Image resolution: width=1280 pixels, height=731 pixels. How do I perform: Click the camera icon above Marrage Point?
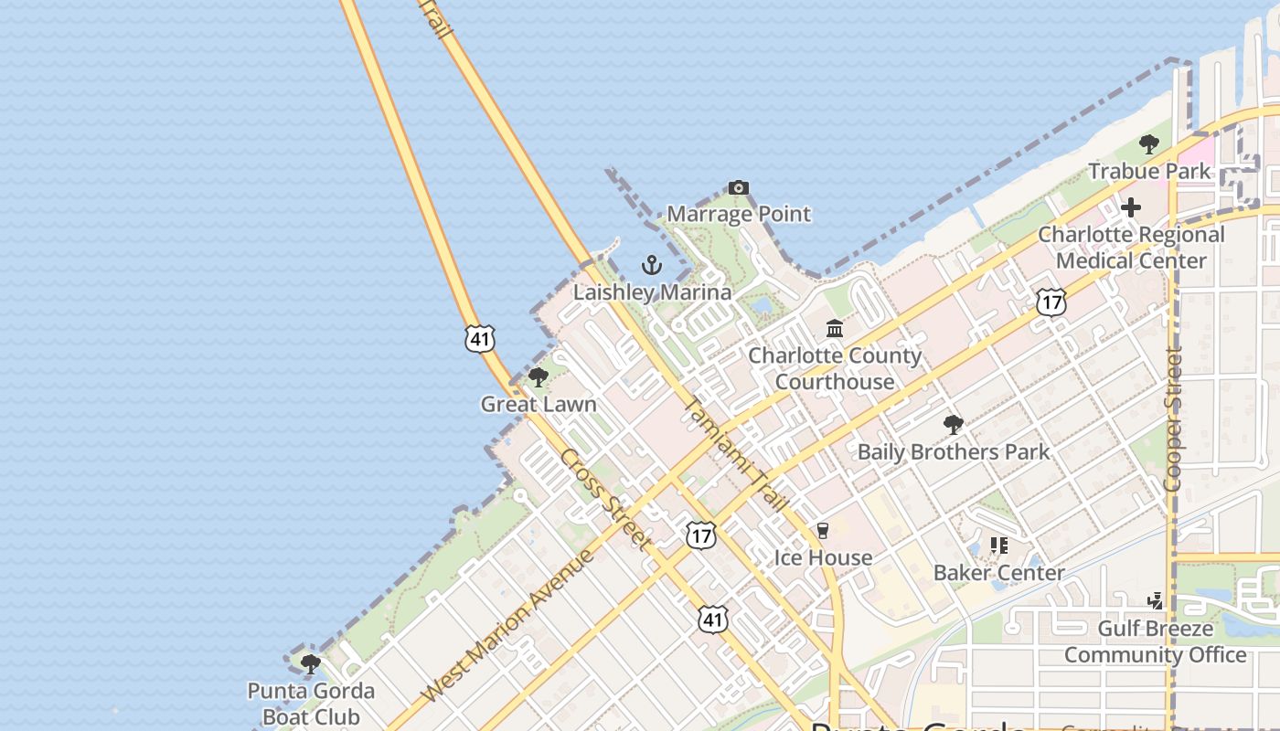tap(738, 188)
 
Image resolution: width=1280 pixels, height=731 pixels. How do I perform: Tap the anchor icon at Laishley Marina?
tap(651, 266)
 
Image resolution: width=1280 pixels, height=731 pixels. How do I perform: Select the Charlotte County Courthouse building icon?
tap(835, 329)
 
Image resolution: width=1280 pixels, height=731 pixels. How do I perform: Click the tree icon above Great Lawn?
tap(539, 377)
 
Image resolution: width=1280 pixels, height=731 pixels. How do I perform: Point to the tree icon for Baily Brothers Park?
tap(954, 425)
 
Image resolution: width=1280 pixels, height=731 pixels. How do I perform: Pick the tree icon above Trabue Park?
tap(1149, 144)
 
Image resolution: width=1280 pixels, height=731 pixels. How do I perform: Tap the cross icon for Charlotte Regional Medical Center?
tap(1131, 207)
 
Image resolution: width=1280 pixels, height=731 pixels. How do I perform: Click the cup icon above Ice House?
tap(823, 531)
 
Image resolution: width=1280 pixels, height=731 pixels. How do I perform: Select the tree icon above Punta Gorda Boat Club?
tap(311, 663)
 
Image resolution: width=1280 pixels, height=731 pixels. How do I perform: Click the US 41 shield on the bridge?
tap(480, 339)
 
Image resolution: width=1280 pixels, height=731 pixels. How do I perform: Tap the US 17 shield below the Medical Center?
tap(1051, 302)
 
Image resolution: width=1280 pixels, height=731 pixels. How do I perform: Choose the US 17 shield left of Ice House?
tap(701, 535)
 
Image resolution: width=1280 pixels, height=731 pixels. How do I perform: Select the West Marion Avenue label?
tap(510, 625)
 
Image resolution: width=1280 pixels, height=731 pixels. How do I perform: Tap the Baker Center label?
tap(998, 573)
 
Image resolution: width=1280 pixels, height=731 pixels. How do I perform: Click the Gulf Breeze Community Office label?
tap(1155, 641)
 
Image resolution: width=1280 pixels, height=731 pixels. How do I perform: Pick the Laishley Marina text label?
tap(652, 292)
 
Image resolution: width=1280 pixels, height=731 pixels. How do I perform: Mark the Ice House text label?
tap(823, 557)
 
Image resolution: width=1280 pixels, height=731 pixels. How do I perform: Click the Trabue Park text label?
tap(1149, 171)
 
